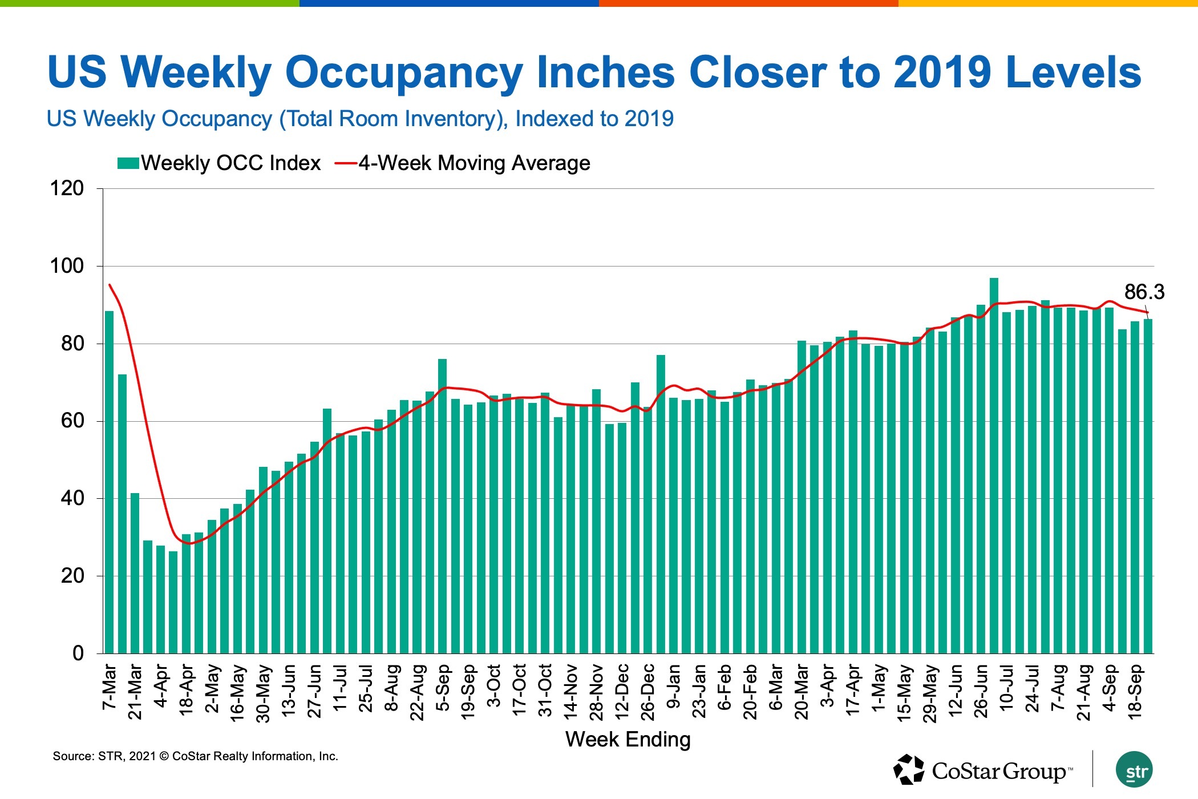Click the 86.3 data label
click(x=1143, y=292)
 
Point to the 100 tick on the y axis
click(x=67, y=266)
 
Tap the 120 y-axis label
click(x=67, y=188)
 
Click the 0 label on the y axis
click(x=78, y=653)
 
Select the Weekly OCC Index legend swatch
click(x=128, y=163)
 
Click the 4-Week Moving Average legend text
click(x=474, y=163)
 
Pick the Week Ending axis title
click(x=628, y=740)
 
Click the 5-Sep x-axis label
click(x=443, y=687)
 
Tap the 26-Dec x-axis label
click(x=647, y=691)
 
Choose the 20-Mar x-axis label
click(x=802, y=691)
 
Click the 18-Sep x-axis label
click(x=1135, y=691)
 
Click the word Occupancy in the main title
click(x=403, y=72)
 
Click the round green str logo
click(x=1134, y=769)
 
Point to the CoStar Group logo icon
click(x=908, y=769)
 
